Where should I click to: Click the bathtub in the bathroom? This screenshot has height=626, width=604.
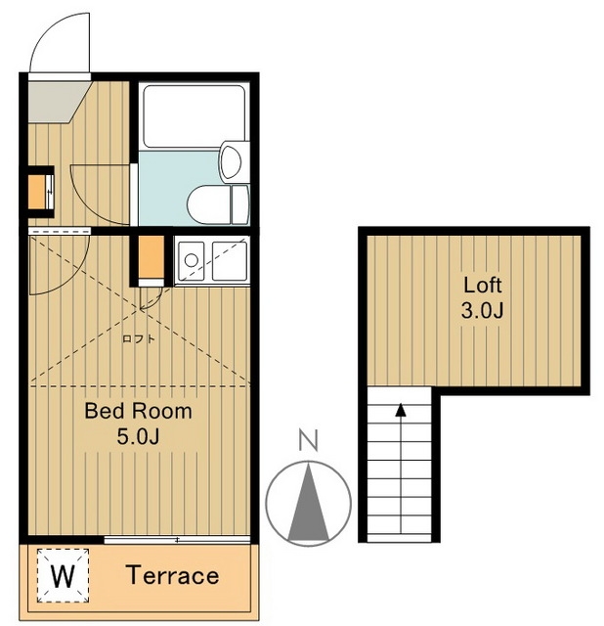coord(194,116)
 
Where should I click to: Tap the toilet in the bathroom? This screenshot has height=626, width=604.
coord(218,204)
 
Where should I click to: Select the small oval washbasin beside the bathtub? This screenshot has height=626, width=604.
coord(232,162)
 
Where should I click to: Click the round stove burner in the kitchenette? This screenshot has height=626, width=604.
coord(192,260)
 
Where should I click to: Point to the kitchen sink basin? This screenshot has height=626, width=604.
coord(230,261)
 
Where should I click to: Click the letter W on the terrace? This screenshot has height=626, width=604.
coord(63,576)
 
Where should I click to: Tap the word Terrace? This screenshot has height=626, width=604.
coord(173,575)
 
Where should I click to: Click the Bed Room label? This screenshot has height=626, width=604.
coord(138,411)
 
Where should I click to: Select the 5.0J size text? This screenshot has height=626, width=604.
coord(138,436)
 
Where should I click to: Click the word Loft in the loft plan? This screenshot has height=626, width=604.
coord(483,285)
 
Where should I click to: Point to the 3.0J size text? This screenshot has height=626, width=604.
coord(482,310)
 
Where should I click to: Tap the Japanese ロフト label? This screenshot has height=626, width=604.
coord(139,339)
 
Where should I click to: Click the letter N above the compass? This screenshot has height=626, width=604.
coord(309,440)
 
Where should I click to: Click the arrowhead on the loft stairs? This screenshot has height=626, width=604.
coord(401,410)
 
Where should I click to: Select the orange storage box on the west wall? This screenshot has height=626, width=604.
coord(36,193)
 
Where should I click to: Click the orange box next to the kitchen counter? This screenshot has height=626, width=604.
coord(151,256)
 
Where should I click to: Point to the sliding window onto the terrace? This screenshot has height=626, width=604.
coord(177,540)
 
